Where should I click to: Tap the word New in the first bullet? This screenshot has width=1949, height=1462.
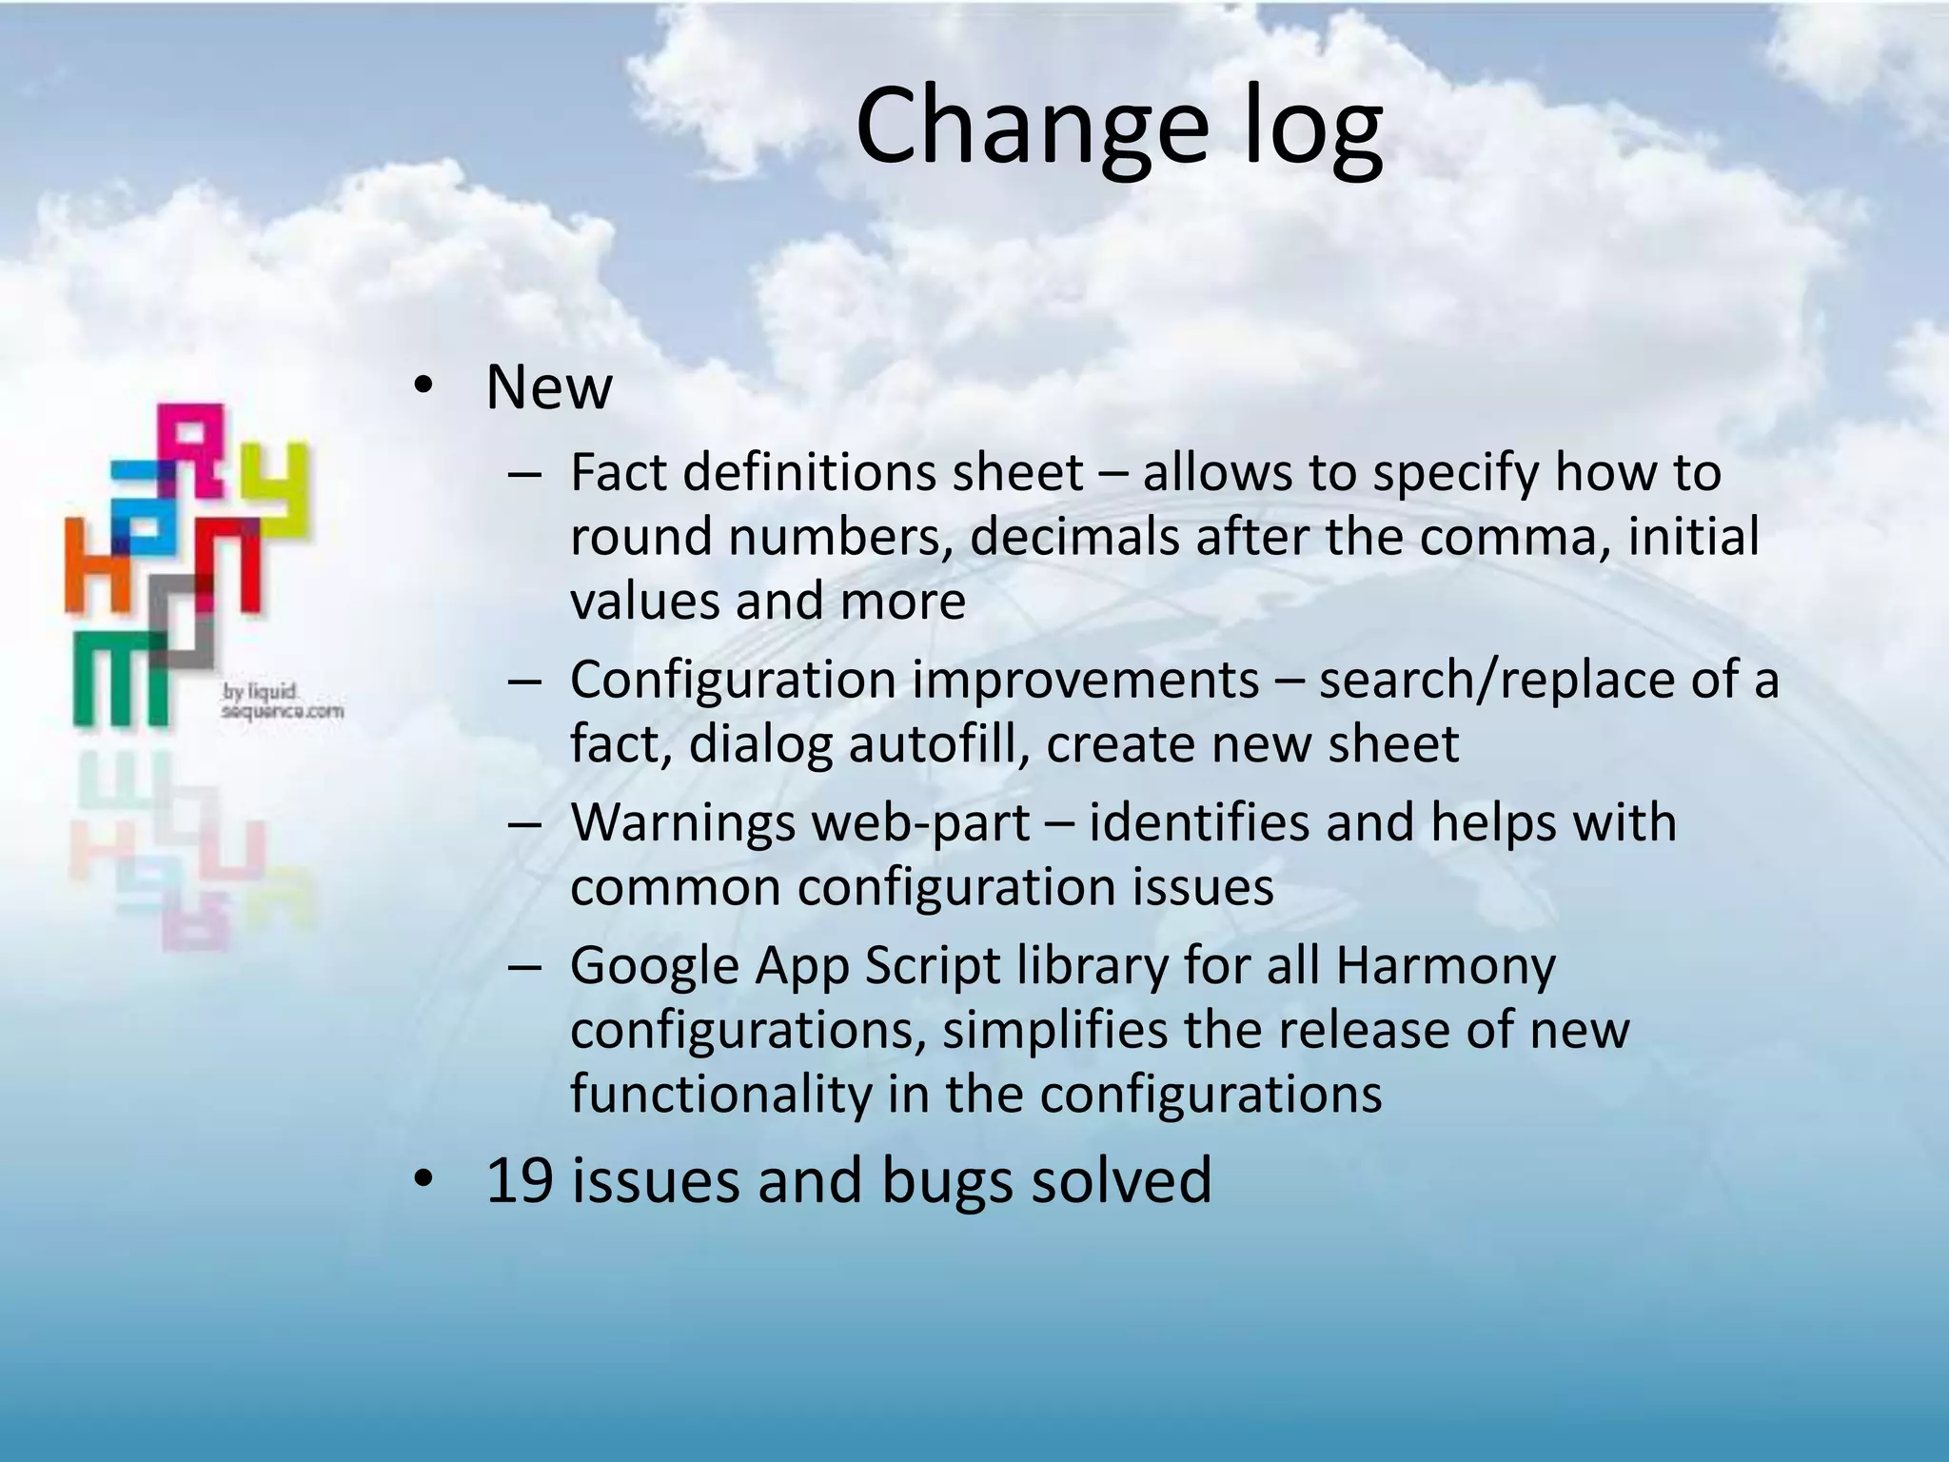coord(548,387)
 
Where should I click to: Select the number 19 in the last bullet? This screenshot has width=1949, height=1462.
coord(520,1180)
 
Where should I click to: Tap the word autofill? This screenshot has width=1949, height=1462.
coord(938,745)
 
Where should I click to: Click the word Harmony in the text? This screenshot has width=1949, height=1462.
coord(1445,966)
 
